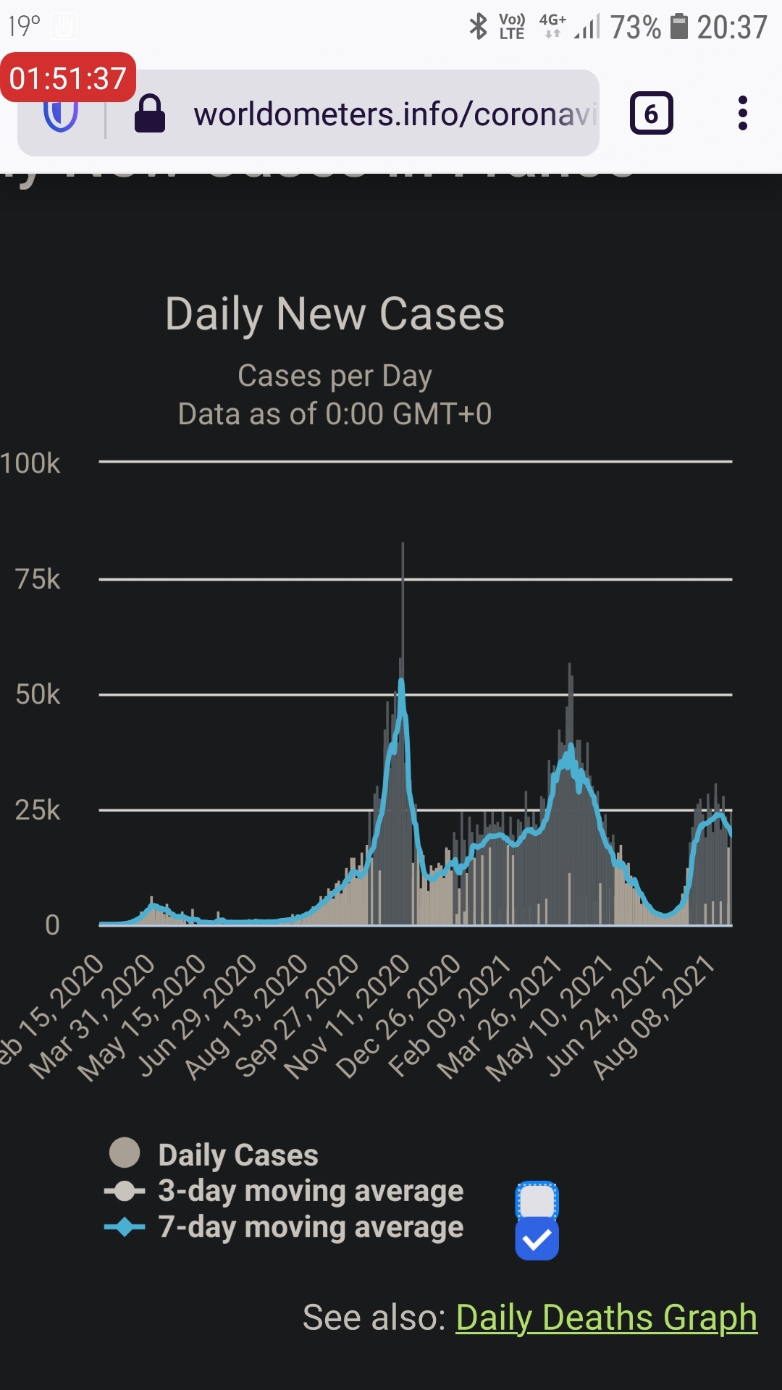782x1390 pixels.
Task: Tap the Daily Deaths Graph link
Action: tap(606, 1318)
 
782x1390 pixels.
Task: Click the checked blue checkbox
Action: tap(537, 1240)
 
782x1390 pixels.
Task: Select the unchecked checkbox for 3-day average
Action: tap(537, 1202)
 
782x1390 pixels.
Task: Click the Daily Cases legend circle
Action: tap(125, 1153)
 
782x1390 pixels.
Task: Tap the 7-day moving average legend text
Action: tap(311, 1228)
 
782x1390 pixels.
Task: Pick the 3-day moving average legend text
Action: tap(311, 1191)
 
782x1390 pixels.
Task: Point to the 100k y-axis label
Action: tap(30, 463)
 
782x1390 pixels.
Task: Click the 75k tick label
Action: tap(38, 579)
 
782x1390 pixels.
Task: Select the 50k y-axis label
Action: tap(38, 695)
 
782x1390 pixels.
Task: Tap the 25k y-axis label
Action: tap(38, 810)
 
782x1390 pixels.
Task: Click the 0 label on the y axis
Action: tap(52, 925)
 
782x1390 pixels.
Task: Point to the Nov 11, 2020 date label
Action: tap(348, 1017)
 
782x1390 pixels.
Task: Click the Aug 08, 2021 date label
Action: tap(654, 1017)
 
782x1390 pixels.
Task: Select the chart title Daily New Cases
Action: tap(335, 314)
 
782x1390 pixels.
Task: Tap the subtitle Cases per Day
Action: tap(335, 376)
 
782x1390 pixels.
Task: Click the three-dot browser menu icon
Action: tap(742, 114)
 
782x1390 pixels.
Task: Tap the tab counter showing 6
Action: tap(651, 114)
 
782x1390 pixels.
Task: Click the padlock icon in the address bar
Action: tap(150, 114)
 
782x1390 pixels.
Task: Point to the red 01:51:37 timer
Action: tap(68, 77)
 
